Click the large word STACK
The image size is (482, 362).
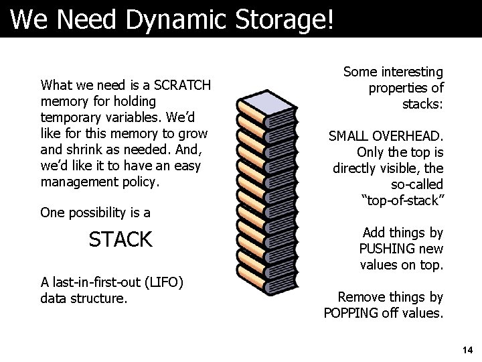(120, 239)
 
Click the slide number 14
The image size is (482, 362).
(467, 349)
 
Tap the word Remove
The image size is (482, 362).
(359, 296)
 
